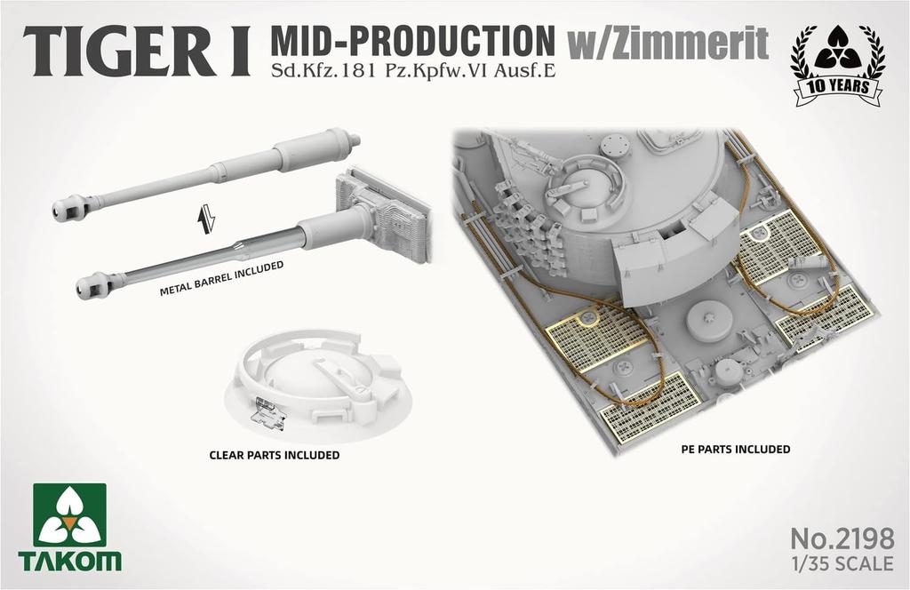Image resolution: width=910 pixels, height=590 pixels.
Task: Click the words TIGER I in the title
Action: (137, 54)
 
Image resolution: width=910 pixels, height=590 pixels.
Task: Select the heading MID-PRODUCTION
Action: (411, 41)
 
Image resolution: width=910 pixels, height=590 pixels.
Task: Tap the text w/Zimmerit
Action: (667, 44)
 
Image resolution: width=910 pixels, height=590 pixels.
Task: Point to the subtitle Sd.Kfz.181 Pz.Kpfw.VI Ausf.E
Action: (413, 71)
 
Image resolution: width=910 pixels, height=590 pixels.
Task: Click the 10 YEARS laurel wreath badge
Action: (836, 66)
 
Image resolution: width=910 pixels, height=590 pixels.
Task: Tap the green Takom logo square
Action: (69, 514)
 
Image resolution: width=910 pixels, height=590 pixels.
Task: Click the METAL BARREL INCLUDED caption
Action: (221, 278)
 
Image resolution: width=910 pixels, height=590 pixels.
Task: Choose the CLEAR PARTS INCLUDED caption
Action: (274, 455)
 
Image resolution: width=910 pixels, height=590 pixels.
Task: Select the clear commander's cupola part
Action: (320, 382)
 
